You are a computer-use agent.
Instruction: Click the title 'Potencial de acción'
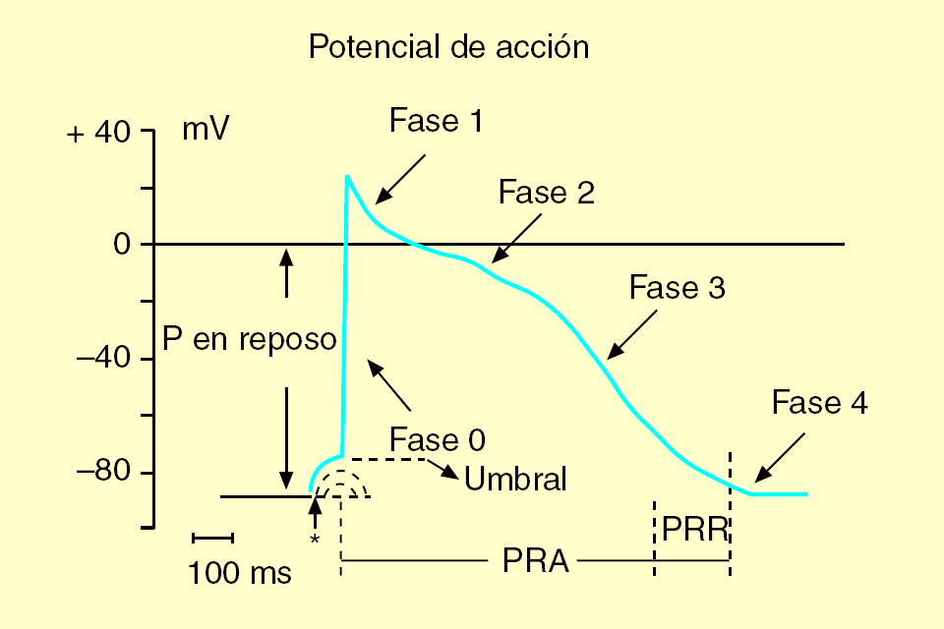click(448, 47)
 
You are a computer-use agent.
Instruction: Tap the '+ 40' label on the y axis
click(98, 133)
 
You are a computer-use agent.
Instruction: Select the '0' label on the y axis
click(122, 245)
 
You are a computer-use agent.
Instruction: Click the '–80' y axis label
click(103, 473)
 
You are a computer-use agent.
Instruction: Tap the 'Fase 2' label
click(546, 192)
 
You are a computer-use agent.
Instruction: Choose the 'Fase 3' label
click(677, 288)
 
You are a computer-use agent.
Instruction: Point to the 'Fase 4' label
click(819, 403)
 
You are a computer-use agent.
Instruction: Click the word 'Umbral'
click(516, 480)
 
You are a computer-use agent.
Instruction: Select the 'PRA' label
click(535, 561)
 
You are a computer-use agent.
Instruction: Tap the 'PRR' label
click(693, 529)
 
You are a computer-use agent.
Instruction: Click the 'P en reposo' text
click(250, 340)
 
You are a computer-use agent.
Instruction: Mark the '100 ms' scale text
click(239, 572)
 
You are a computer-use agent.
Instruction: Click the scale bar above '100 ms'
click(212, 538)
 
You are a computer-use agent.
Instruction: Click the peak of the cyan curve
click(346, 177)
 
